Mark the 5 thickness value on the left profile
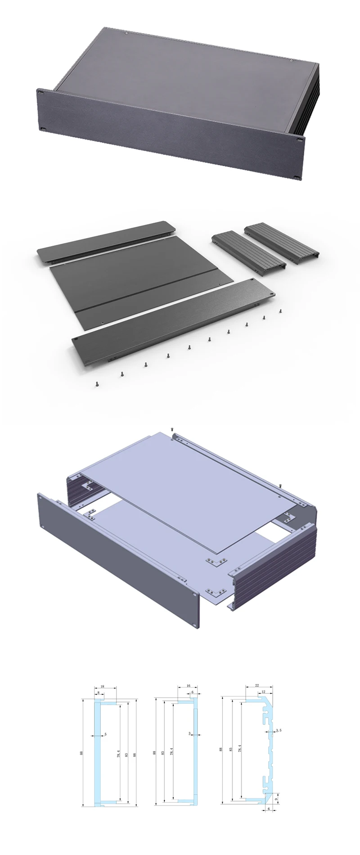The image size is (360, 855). (x=105, y=735)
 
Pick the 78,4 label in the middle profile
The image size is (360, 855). (x=172, y=751)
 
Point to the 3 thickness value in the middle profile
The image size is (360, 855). (x=190, y=733)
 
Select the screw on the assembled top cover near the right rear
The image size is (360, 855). (x=291, y=61)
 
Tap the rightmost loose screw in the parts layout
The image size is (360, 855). (x=280, y=310)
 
